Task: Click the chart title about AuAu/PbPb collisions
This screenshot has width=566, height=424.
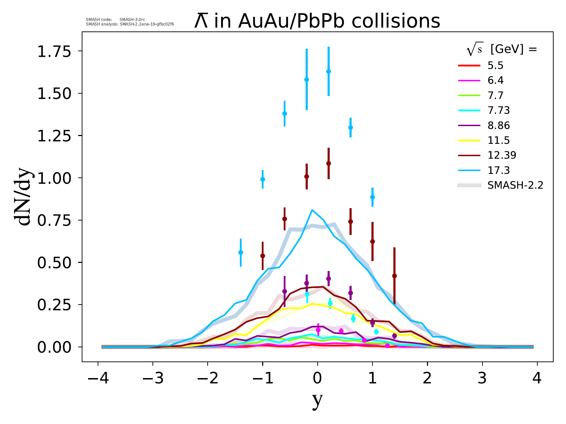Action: click(x=317, y=21)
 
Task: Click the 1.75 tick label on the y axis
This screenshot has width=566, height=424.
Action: click(x=54, y=51)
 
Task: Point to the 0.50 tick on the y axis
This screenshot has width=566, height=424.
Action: click(x=54, y=263)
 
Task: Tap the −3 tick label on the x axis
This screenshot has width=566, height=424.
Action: click(x=152, y=379)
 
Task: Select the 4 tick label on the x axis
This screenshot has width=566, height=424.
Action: click(x=537, y=379)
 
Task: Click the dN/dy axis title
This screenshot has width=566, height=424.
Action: click(x=24, y=199)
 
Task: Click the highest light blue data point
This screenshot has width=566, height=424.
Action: click(x=329, y=71)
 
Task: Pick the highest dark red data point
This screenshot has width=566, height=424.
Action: click(x=329, y=163)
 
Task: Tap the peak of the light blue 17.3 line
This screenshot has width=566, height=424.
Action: click(x=312, y=210)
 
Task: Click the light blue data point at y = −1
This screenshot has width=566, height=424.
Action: click(x=262, y=179)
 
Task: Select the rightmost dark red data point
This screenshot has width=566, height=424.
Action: click(x=394, y=276)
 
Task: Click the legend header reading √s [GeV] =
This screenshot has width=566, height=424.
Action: click(x=502, y=50)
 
